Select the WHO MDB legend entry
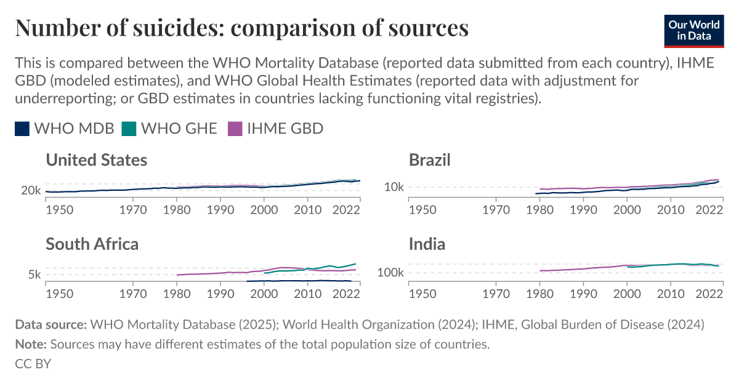click(x=65, y=128)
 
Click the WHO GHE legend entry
click(x=169, y=128)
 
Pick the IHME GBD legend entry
click(x=275, y=128)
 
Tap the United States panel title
click(x=96, y=160)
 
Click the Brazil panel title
click(x=430, y=160)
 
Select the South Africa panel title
click(x=92, y=244)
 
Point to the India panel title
click(x=427, y=244)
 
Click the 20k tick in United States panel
click(x=31, y=191)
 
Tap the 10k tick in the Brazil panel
click(x=394, y=187)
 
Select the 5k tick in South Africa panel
click(x=34, y=275)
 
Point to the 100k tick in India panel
click(x=390, y=272)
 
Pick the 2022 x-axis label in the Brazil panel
click(x=709, y=209)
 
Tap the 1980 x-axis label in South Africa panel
click(x=176, y=293)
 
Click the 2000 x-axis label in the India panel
click(x=626, y=293)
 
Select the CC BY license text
click(x=33, y=363)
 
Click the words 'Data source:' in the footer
click(x=50, y=324)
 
